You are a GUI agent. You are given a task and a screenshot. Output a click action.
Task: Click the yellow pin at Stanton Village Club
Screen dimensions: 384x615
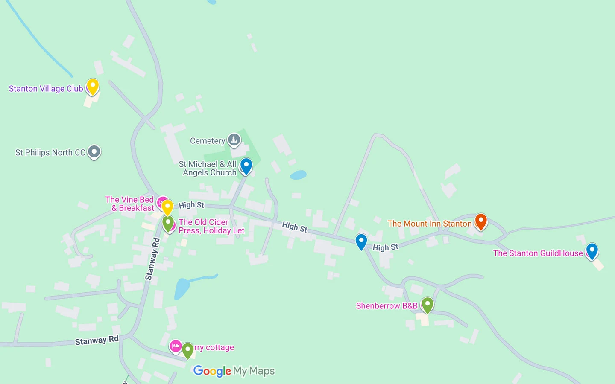click(x=93, y=86)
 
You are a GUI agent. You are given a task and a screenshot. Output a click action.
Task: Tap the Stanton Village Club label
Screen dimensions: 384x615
click(x=46, y=89)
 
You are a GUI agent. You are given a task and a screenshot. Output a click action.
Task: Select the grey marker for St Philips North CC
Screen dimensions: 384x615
click(x=94, y=151)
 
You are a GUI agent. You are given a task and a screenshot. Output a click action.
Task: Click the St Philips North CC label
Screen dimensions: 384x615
click(x=50, y=153)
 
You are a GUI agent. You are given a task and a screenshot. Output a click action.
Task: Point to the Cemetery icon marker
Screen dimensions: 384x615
click(x=234, y=139)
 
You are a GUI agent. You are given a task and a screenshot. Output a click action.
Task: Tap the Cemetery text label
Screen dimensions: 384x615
click(x=207, y=141)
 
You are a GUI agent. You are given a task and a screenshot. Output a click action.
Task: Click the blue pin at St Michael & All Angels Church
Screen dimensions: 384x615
click(x=246, y=166)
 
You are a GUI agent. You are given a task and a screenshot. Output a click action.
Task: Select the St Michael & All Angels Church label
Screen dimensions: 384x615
click(x=208, y=168)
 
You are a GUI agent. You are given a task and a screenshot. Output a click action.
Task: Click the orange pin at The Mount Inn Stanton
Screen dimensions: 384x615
click(x=481, y=221)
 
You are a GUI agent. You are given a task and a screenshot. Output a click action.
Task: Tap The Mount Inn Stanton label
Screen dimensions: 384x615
click(x=429, y=224)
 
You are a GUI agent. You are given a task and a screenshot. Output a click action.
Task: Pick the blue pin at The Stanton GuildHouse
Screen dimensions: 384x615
click(x=592, y=250)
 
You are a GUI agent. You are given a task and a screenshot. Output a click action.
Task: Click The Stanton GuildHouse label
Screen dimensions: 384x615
click(x=538, y=253)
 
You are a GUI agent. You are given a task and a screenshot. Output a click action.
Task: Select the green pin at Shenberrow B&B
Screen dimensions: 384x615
click(x=428, y=305)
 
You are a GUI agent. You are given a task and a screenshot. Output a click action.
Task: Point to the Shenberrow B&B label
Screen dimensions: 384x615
click(x=387, y=306)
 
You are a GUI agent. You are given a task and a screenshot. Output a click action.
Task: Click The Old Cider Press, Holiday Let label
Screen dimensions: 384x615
click(x=211, y=226)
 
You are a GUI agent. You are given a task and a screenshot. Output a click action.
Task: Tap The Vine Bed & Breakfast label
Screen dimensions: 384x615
click(x=130, y=204)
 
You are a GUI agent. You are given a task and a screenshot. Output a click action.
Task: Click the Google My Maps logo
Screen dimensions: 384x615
click(x=234, y=371)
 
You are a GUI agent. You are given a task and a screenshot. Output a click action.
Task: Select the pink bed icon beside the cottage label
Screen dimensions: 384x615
click(x=176, y=346)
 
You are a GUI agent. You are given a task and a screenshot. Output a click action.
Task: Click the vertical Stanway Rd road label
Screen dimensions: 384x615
click(x=152, y=259)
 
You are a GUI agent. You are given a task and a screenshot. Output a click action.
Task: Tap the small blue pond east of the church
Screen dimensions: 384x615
click(x=298, y=175)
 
